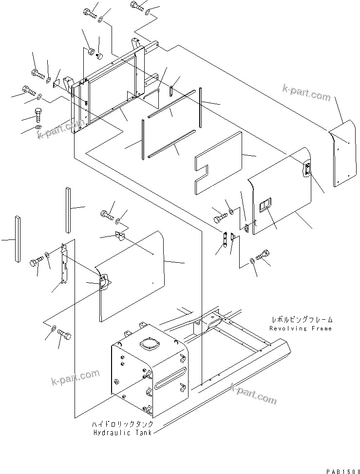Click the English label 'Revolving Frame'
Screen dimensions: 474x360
(301, 328)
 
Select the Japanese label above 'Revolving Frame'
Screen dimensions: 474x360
(302, 320)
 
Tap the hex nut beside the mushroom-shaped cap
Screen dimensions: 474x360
(91, 50)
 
